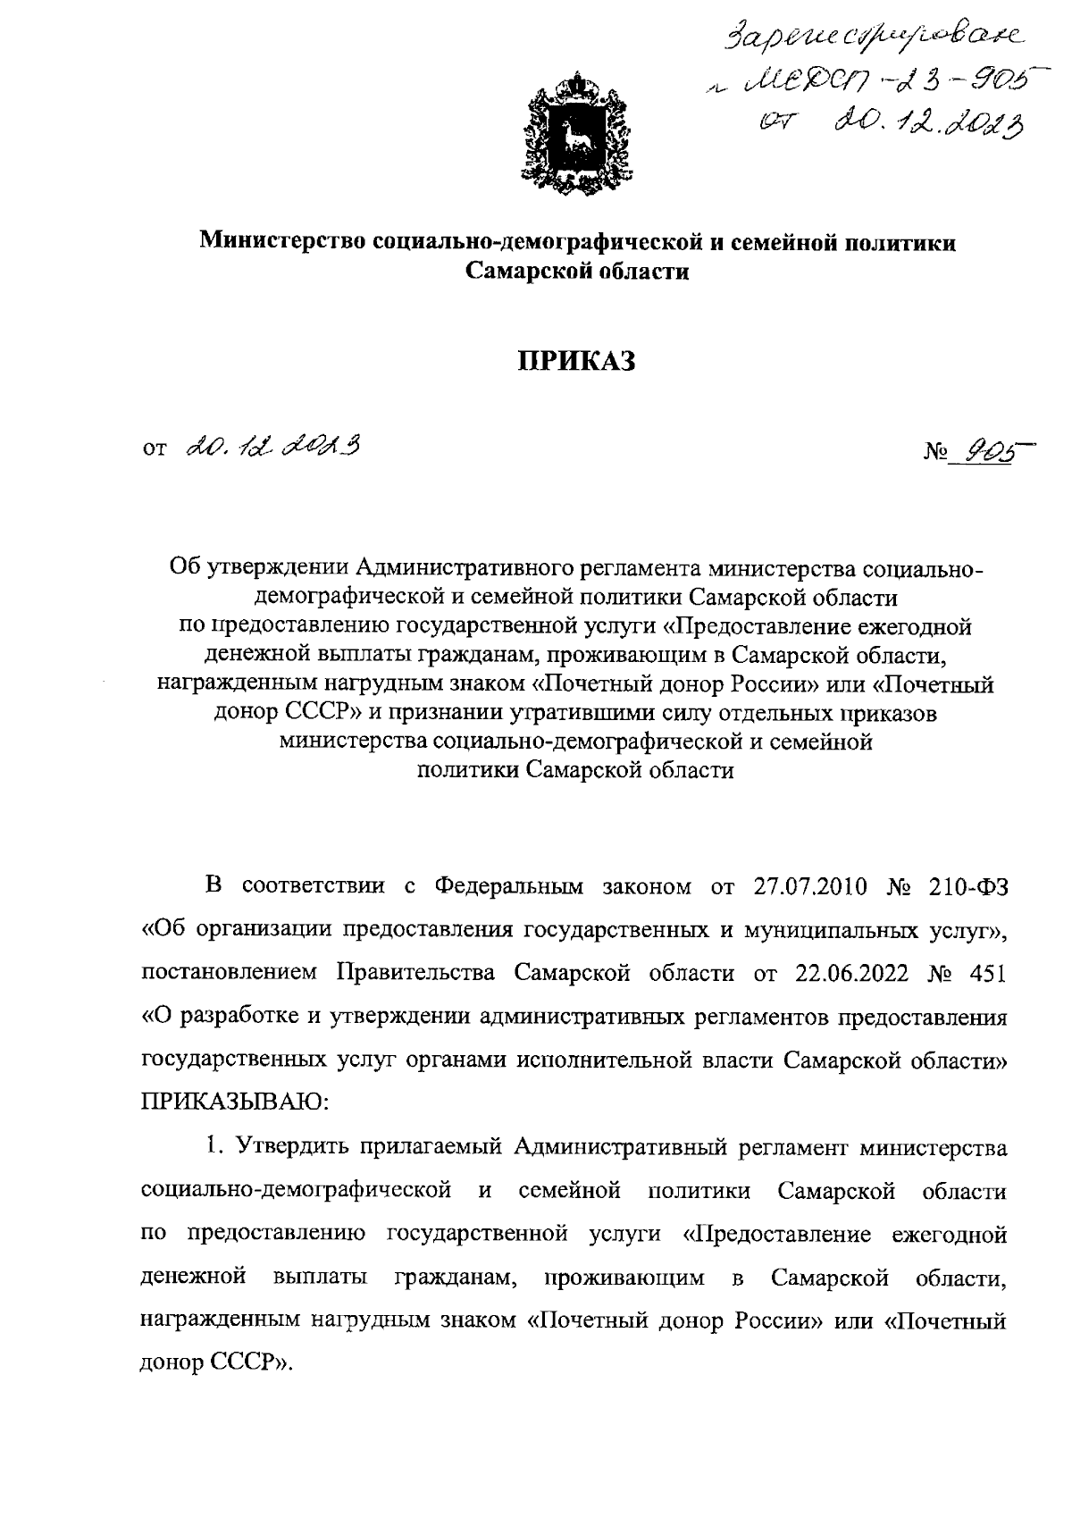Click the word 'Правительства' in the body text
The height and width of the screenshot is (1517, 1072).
415,972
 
